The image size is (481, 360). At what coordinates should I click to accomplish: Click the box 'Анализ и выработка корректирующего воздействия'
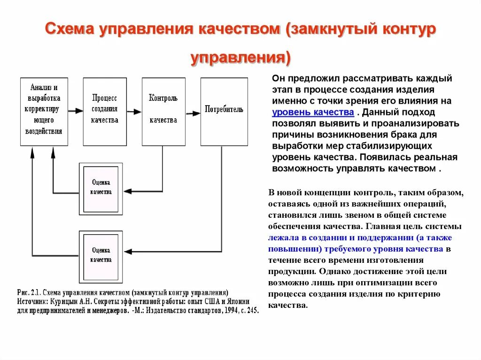44,111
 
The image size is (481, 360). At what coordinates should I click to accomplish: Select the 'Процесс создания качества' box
104,111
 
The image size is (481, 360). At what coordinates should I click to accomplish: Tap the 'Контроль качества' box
163,111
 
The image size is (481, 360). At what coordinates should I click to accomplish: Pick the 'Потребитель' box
224,111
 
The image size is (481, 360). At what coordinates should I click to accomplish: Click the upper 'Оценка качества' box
101,188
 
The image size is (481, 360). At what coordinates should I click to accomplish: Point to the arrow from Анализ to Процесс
75,112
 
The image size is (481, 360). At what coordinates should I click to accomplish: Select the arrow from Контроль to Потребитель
193,113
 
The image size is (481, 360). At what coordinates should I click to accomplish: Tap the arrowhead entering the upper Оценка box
127,191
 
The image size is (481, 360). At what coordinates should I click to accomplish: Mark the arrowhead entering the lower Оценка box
127,252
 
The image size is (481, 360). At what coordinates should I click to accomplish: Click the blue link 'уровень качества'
313,112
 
